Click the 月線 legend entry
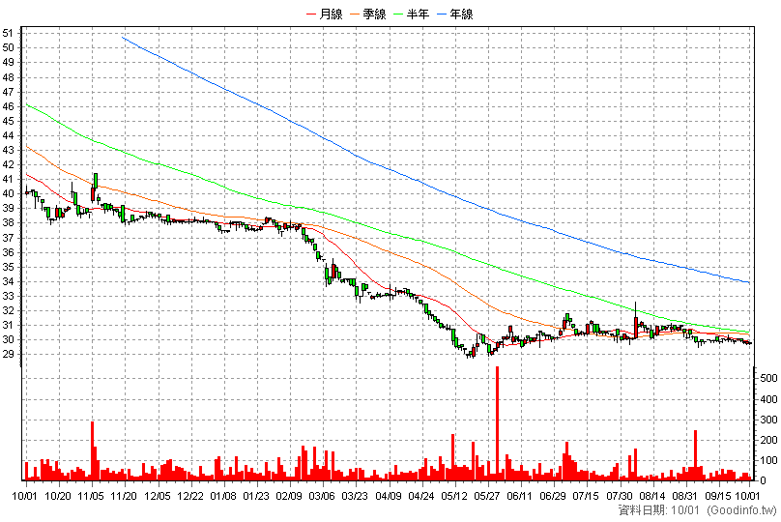pyautogui.click(x=325, y=14)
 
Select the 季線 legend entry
pyautogui.click(x=368, y=14)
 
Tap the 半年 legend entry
pyautogui.click(x=412, y=14)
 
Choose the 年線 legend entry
pyautogui.click(x=455, y=14)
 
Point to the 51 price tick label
pyautogui.click(x=8, y=34)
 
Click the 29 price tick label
pyautogui.click(x=8, y=354)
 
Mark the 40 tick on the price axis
pyautogui.click(x=8, y=193)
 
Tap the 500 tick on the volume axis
pyautogui.click(x=768, y=379)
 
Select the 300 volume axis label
pyautogui.click(x=768, y=420)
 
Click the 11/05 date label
pyautogui.click(x=91, y=496)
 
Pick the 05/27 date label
pyautogui.click(x=486, y=496)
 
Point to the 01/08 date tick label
pyautogui.click(x=222, y=496)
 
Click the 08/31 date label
pyautogui.click(x=684, y=496)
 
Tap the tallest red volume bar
pyautogui.click(x=497, y=423)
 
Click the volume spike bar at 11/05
pyautogui.click(x=92, y=450)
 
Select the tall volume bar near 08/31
pyautogui.click(x=695, y=455)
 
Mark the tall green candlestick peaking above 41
pyautogui.click(x=96, y=186)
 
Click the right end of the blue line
pyautogui.click(x=749, y=283)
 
